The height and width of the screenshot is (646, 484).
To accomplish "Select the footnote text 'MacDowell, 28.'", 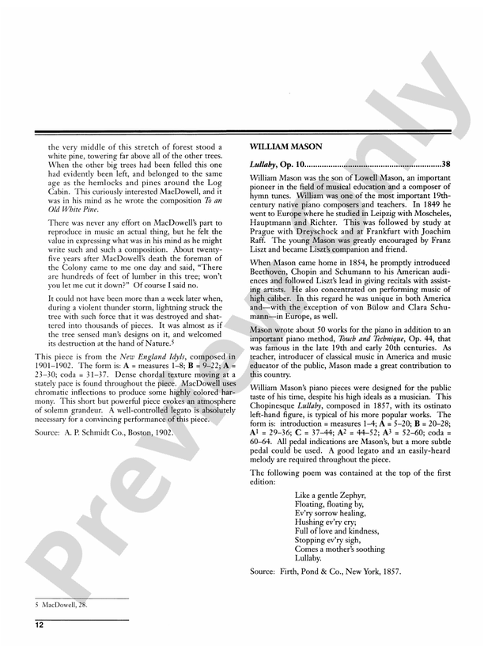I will click(x=63, y=605).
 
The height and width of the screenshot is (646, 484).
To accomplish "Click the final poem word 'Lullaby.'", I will click(x=308, y=557).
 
